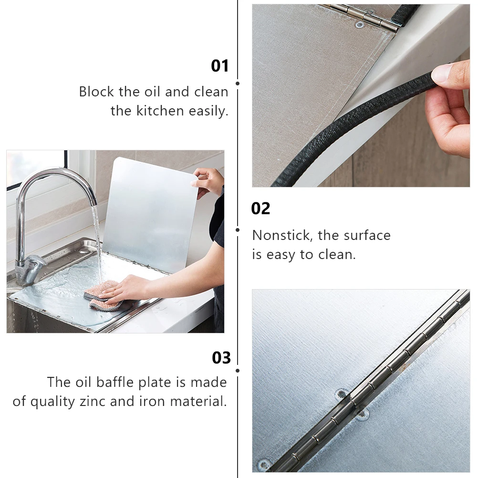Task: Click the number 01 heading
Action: point(220,66)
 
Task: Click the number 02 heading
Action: point(260,208)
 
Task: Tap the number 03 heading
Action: point(221,358)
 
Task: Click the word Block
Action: point(96,92)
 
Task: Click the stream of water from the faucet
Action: point(96,241)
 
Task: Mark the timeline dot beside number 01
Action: point(238,83)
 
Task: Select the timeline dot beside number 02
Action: point(238,230)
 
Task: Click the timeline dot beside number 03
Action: point(238,371)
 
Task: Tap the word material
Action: point(198,402)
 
